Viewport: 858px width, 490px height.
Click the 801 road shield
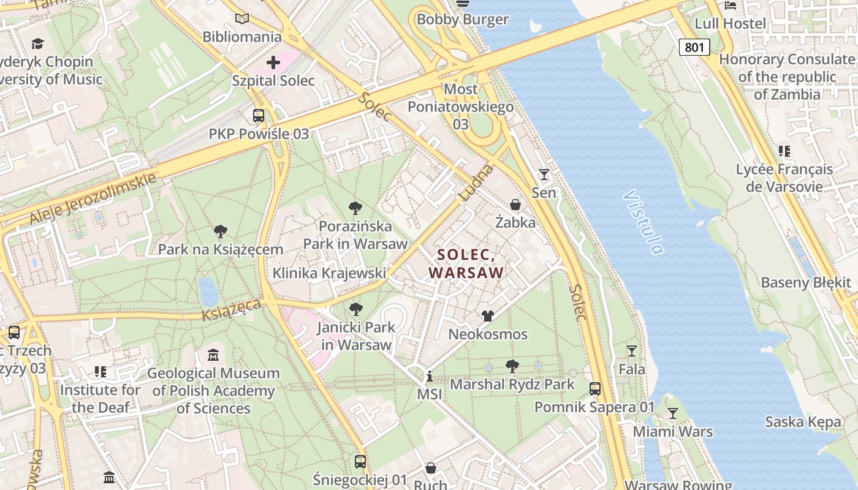coord(694,47)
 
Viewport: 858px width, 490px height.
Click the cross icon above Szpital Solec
coord(273,62)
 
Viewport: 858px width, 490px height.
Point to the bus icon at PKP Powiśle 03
coord(259,115)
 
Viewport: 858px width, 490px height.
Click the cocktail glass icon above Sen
coord(544,175)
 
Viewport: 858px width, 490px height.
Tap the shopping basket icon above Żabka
coord(515,205)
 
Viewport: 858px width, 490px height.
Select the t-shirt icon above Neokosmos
coord(487,316)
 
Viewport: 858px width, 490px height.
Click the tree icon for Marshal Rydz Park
coord(512,366)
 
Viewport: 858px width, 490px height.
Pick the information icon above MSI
coord(430,376)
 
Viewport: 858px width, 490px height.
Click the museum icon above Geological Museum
coord(213,355)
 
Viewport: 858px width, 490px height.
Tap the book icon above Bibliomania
coord(242,19)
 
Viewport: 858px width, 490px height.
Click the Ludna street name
coord(476,182)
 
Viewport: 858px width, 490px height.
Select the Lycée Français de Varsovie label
coord(784,178)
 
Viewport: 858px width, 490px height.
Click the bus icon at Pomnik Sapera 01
coord(594,388)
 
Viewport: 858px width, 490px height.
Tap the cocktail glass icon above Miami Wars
coord(673,413)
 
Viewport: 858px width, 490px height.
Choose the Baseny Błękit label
coord(806,282)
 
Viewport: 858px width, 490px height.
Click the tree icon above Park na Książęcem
coord(221,232)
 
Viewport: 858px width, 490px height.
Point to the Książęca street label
coord(232,309)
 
